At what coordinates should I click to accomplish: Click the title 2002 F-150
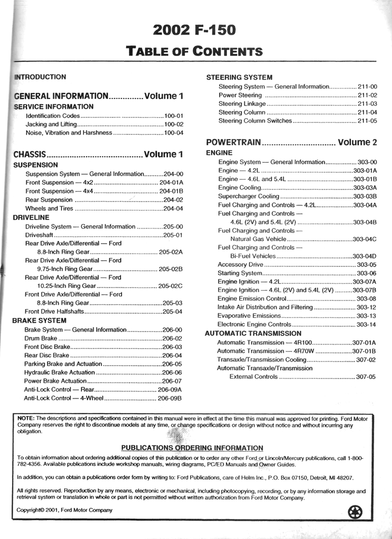194,30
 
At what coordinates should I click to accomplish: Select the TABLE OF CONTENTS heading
194,51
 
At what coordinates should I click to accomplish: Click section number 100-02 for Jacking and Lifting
173,124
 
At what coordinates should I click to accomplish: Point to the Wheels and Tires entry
49,208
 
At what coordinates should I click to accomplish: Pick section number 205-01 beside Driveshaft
173,235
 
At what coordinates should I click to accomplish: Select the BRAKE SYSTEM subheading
39,321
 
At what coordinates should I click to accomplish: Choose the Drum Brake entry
40,338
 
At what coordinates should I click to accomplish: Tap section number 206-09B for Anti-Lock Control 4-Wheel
170,398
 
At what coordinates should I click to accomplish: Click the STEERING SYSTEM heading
239,77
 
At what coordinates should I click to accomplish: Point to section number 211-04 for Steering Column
367,112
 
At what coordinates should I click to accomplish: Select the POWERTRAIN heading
233,143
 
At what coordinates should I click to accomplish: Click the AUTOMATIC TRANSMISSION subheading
253,334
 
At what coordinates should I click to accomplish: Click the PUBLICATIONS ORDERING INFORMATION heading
192,448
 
